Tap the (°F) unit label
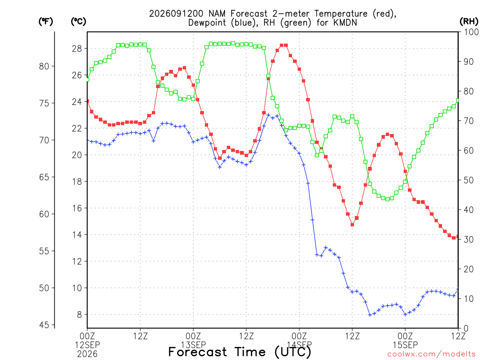[45, 22]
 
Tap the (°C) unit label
[78, 22]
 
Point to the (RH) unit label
[469, 22]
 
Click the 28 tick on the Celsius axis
[77, 49]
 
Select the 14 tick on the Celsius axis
[77, 235]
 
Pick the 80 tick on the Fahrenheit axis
[44, 66]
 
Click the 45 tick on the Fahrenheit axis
[44, 325]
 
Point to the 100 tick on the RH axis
[471, 32]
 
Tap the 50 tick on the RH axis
[469, 180]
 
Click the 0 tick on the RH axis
[466, 329]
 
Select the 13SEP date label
[193, 345]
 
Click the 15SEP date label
[405, 345]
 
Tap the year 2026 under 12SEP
[87, 354]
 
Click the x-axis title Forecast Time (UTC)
[240, 352]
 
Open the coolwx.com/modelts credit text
[431, 354]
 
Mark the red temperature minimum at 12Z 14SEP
[352, 225]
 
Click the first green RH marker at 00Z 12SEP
[88, 80]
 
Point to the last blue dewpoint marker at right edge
[458, 289]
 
